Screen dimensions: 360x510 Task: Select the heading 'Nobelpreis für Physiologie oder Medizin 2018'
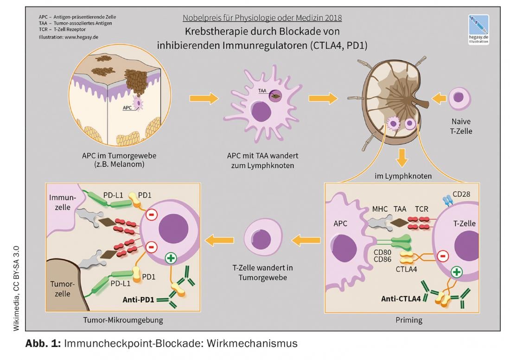[x=262, y=19]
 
